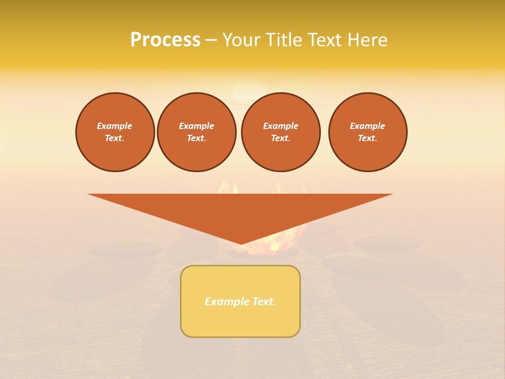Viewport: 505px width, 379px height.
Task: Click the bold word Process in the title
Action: [165, 40]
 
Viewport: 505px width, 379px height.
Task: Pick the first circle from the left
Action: [115, 132]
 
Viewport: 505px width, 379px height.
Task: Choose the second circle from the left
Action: [197, 132]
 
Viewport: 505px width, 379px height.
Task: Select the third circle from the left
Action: [281, 132]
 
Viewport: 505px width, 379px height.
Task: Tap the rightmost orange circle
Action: [368, 132]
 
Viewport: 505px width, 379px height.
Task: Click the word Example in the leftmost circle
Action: [115, 126]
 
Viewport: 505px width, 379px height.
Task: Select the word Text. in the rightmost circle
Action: [368, 138]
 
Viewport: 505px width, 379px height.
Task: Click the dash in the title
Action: [211, 40]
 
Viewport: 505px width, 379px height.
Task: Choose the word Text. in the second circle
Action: [197, 138]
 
